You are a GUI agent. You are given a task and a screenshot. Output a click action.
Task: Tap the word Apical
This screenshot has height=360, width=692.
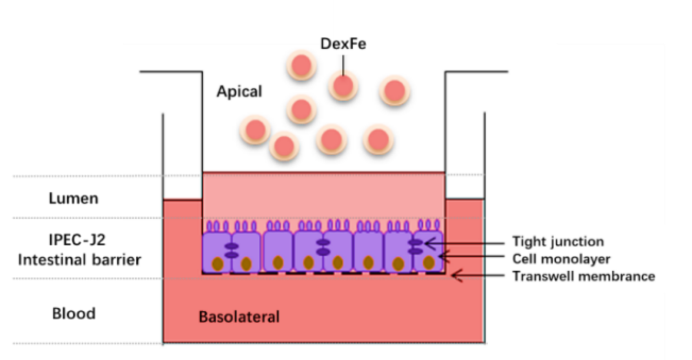[239, 91]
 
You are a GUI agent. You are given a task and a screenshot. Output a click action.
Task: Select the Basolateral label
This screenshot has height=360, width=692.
[239, 316]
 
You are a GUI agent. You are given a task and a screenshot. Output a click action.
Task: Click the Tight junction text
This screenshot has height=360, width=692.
[558, 242]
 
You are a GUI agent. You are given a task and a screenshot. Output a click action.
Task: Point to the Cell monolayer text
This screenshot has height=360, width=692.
[561, 259]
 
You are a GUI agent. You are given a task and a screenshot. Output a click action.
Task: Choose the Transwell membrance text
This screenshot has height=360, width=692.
[583, 277]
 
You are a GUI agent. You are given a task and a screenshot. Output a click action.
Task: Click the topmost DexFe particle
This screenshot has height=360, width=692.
[302, 65]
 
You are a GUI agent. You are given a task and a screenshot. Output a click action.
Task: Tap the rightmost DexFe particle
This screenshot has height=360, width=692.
[395, 90]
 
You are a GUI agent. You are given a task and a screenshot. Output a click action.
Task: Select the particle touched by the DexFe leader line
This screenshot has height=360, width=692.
[343, 85]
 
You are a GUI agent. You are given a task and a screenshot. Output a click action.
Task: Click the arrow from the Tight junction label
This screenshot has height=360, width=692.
[465, 243]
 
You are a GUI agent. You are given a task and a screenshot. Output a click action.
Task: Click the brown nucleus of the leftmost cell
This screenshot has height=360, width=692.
[218, 264]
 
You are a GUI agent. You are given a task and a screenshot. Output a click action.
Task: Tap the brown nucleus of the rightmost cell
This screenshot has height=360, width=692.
[429, 263]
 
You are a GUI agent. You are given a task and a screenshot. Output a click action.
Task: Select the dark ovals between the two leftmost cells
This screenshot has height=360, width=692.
[231, 250]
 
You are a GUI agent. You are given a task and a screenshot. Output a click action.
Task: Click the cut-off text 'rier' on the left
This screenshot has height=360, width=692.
[130, 260]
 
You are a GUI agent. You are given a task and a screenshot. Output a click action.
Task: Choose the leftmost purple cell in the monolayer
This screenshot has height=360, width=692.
[217, 251]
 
